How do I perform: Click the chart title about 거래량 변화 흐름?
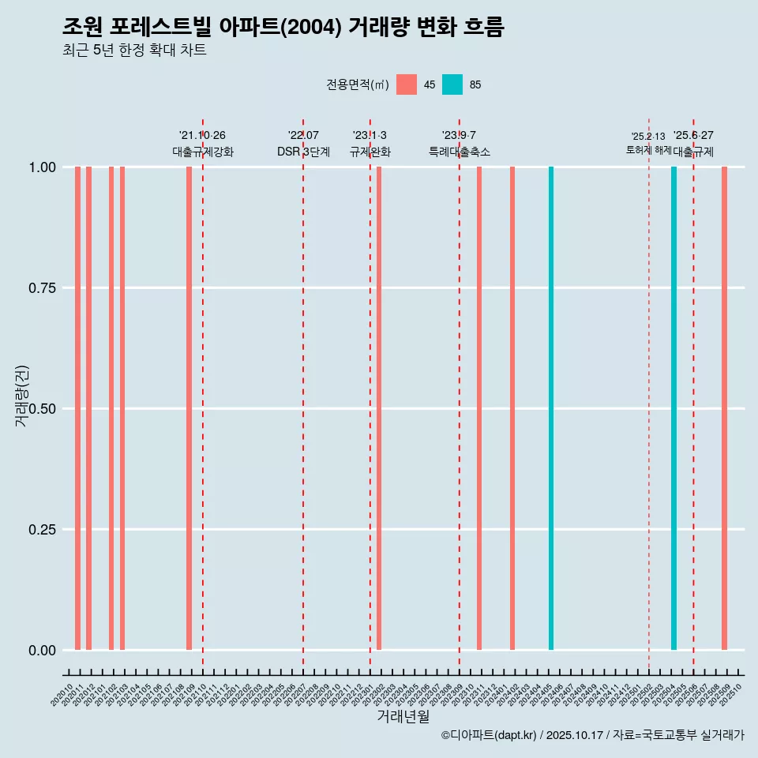point(283,27)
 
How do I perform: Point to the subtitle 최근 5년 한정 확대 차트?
point(133,51)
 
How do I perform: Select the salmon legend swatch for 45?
point(407,84)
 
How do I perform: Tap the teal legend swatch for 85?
point(452,84)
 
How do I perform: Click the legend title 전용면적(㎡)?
point(357,84)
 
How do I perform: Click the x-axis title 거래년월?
point(403,716)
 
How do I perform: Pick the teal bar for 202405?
point(551,408)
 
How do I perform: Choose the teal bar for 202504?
point(674,408)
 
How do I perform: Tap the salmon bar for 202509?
point(724,408)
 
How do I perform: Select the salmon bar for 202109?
point(189,408)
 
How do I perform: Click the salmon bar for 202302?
point(379,408)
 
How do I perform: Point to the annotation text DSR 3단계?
point(303,152)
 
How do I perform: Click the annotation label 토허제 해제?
point(648,149)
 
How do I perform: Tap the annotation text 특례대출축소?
point(460,152)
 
